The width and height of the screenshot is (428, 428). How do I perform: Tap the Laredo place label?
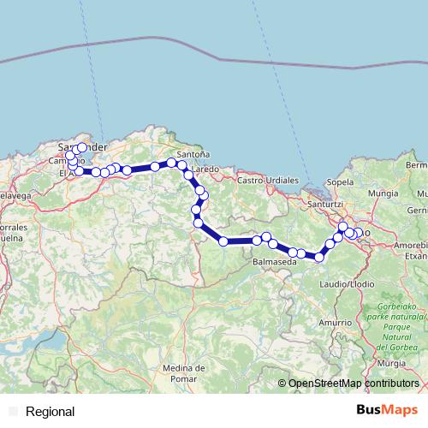[205, 169]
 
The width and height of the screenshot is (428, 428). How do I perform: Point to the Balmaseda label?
[274, 262]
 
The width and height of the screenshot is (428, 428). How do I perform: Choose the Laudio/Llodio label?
[342, 282]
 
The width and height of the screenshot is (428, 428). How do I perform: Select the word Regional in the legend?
[51, 412]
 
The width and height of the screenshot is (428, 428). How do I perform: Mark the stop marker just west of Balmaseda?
[272, 244]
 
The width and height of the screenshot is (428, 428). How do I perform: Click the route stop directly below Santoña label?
[181, 165]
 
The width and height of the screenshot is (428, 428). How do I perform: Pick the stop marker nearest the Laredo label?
[188, 174]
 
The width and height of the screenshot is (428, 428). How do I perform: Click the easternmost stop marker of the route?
[355, 235]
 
